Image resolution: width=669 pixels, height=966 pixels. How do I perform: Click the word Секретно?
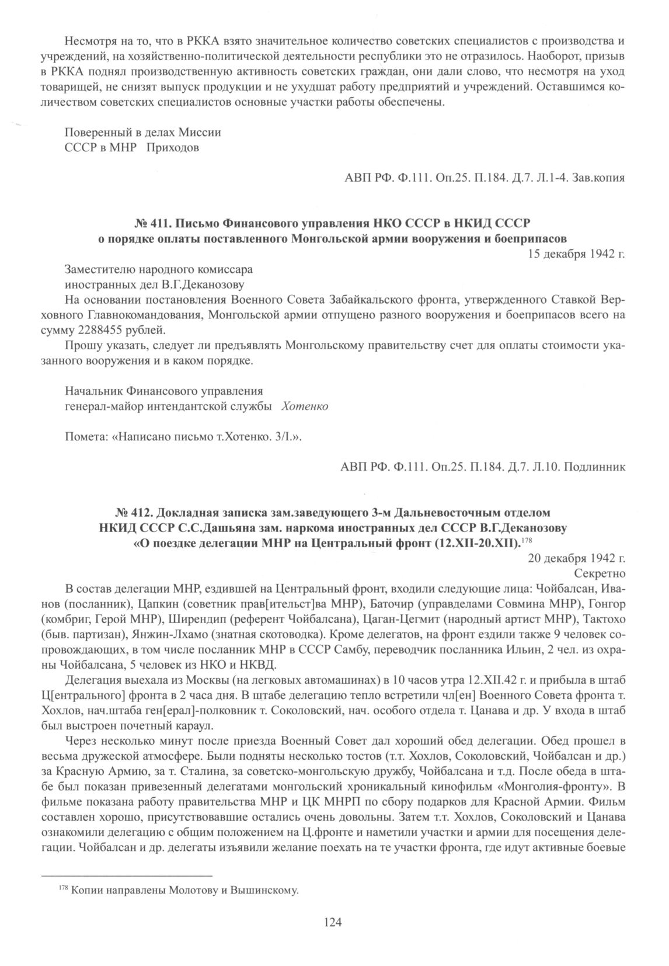click(600, 573)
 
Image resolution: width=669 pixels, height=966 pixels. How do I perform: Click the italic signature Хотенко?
click(304, 406)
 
